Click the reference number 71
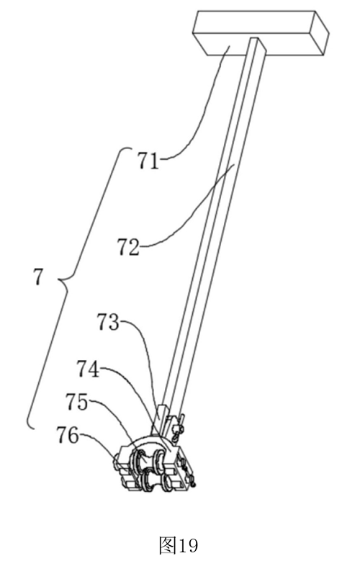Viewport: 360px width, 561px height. coord(148,161)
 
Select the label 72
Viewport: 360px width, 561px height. coord(128,247)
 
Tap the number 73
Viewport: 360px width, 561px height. coord(108,323)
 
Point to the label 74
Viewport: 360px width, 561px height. coord(88,369)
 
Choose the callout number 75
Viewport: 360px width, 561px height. coord(77,402)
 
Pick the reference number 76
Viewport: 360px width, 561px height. coord(67,436)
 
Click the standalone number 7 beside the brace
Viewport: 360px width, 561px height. coord(38,277)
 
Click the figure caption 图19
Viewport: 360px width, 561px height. coord(178,545)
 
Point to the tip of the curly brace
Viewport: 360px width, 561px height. coord(59,279)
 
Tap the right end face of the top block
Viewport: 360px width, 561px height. coord(320,33)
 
